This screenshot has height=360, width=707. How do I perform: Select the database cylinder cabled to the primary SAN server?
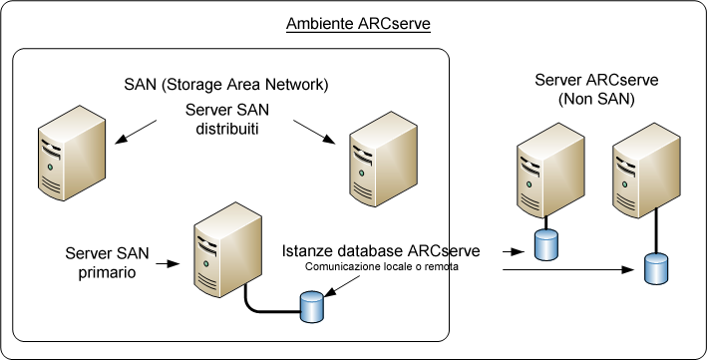tap(312, 307)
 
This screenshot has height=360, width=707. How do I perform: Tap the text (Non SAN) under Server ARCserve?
tap(583, 100)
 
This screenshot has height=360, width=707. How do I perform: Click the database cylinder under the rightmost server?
tap(655, 267)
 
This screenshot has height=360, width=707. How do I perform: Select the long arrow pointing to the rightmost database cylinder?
tap(568, 269)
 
